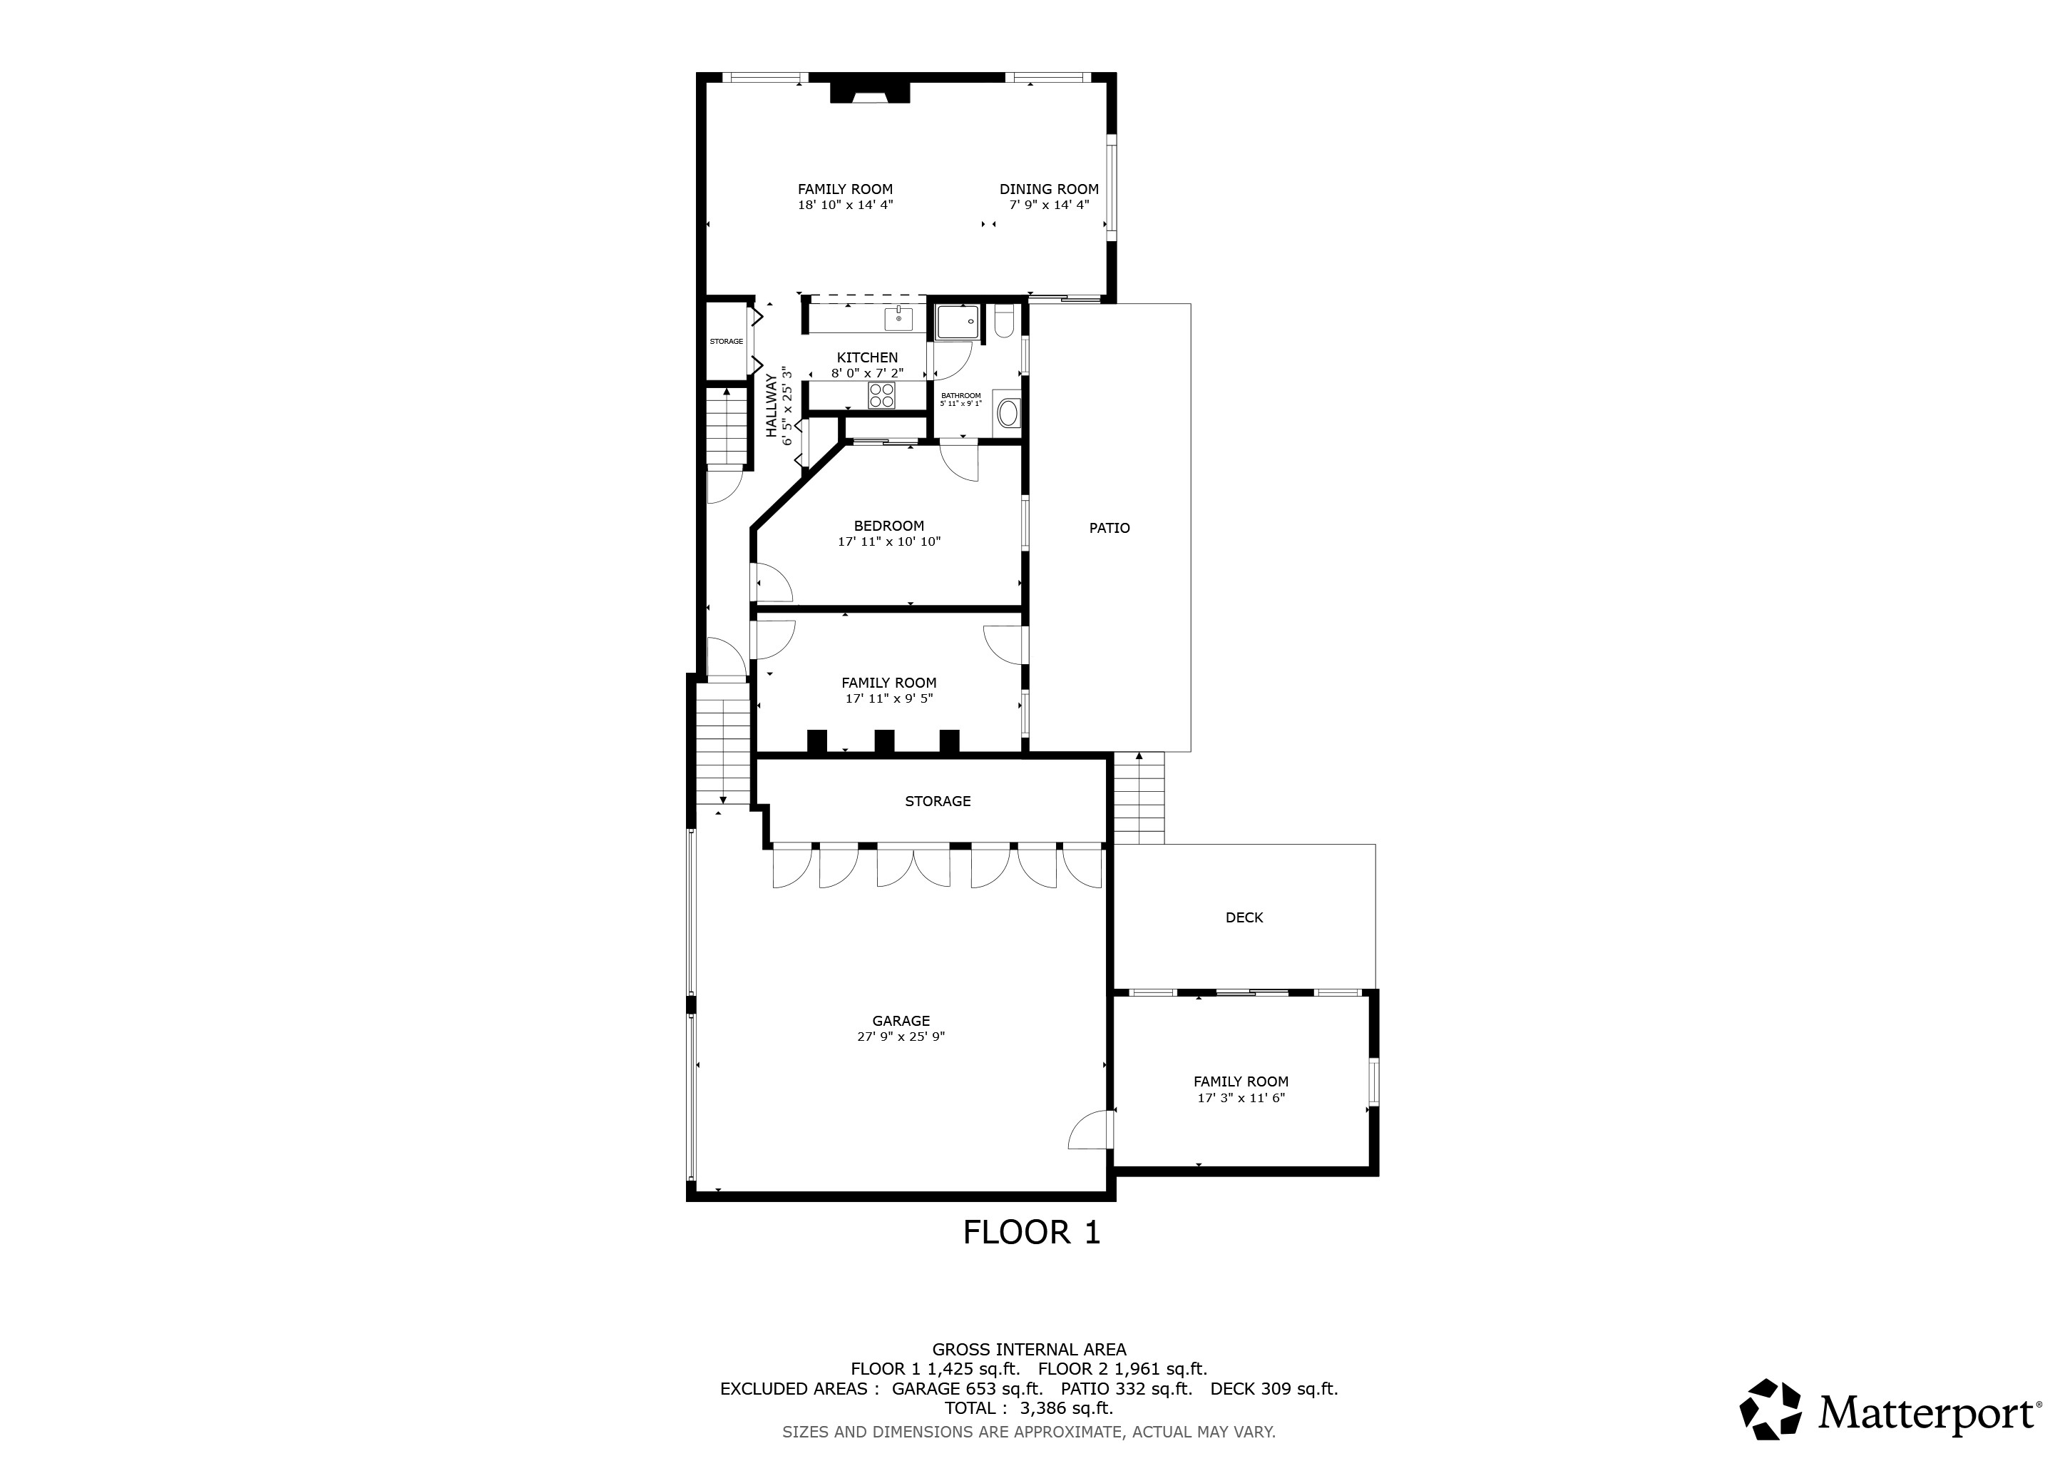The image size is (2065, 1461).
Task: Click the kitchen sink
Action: point(898,318)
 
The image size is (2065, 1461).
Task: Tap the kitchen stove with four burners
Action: point(882,395)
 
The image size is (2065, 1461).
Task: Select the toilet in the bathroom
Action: point(1005,321)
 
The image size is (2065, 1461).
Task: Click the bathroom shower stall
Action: point(957,322)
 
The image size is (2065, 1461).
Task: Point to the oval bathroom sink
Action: point(1008,414)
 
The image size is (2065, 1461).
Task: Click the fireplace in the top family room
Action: point(870,92)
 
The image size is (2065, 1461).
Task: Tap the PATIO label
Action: point(1110,528)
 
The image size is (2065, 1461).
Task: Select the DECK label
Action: point(1245,917)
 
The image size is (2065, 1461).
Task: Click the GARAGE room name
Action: point(901,1021)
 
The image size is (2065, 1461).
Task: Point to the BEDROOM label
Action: point(889,526)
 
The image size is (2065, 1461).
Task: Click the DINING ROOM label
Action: point(1050,189)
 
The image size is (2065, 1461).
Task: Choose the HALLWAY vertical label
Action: point(772,406)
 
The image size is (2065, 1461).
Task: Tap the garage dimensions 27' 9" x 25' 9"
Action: point(901,1037)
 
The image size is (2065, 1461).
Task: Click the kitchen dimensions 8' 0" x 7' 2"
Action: point(867,372)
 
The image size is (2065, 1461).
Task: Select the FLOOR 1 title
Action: point(1032,1233)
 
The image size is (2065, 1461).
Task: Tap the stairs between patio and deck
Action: point(1139,798)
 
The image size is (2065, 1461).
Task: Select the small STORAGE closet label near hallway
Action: point(727,342)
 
